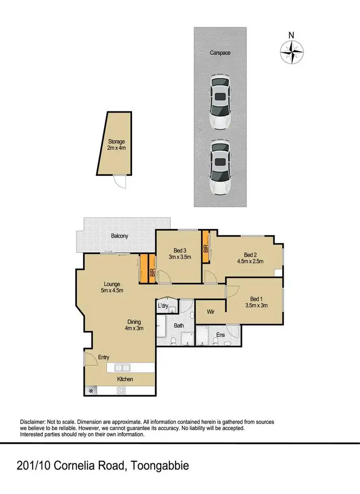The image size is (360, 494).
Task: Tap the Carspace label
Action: tap(220, 53)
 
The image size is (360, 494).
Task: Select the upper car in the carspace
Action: tap(220, 102)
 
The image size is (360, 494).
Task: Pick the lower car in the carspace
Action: tap(219, 167)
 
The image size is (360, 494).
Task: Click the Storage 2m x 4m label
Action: tap(116, 145)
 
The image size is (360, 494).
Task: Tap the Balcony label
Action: tap(120, 236)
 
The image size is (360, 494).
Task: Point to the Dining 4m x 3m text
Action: tap(134, 325)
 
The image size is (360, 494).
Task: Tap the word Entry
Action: tap(104, 357)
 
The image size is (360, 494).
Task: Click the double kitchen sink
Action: tap(122, 368)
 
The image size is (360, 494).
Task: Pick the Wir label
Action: tap(211, 312)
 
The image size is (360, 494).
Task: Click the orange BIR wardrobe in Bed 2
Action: tap(205, 247)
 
